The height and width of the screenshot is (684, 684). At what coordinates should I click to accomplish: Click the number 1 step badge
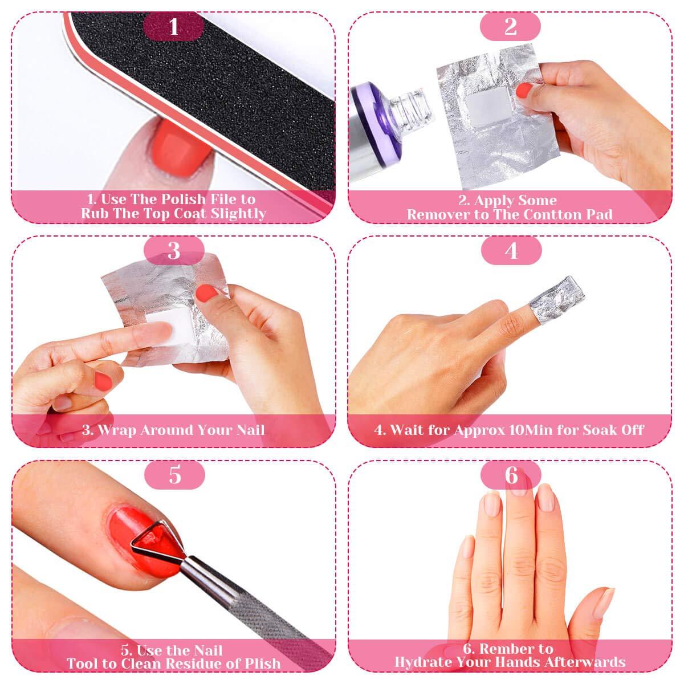click(x=174, y=27)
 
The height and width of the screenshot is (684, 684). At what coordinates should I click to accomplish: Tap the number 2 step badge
click(x=510, y=27)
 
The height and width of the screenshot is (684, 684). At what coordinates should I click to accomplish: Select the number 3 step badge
click(x=174, y=251)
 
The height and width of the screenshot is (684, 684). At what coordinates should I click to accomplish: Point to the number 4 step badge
click(x=511, y=251)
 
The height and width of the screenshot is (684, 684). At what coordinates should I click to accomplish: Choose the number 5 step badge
click(x=174, y=475)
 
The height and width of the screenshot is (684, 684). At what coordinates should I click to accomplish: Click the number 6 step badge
click(x=511, y=475)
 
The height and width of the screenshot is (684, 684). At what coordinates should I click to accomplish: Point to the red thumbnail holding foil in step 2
click(x=524, y=91)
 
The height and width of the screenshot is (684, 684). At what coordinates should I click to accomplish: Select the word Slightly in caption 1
click(x=238, y=214)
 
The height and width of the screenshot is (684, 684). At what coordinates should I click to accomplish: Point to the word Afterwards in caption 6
click(x=585, y=662)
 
